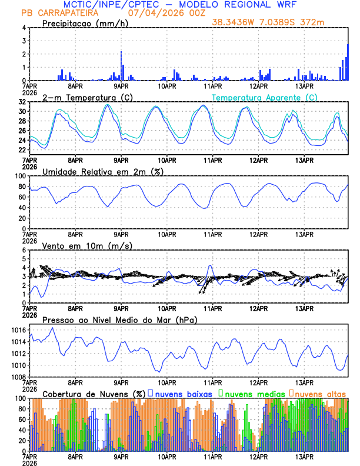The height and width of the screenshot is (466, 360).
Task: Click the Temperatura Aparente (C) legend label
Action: point(264,97)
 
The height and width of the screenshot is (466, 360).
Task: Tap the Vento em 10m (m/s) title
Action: point(88,245)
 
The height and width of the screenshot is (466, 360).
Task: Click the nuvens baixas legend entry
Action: point(182,394)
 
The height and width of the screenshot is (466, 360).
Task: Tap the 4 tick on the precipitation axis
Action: point(24,28)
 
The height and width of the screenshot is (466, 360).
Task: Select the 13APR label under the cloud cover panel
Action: point(304,457)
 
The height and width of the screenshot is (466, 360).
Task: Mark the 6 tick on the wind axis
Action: point(24,250)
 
